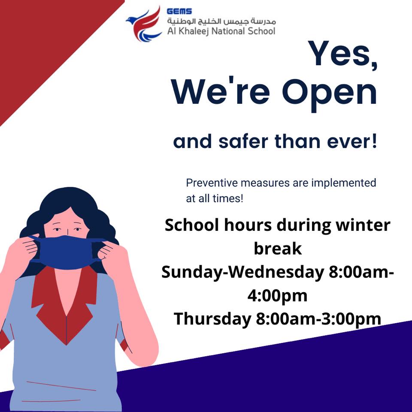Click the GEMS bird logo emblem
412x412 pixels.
coord(144,24)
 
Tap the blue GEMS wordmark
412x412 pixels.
coord(179,11)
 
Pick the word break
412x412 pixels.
coord(278,248)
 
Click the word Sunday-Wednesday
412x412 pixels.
coord(242,272)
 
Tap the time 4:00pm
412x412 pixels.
coord(278,296)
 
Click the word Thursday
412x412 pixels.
coord(212,319)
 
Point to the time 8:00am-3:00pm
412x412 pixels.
coord(318,319)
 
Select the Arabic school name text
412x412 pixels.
coord(221,21)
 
